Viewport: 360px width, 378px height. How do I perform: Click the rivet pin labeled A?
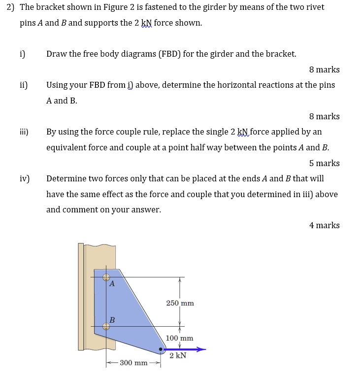(x=106, y=277)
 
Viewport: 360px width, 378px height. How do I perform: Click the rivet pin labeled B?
(x=106, y=326)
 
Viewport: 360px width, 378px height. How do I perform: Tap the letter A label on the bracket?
(x=112, y=284)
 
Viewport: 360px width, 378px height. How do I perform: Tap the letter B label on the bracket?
(x=112, y=320)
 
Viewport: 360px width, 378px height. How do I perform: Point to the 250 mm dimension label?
(x=180, y=303)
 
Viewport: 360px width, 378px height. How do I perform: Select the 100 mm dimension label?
(x=179, y=338)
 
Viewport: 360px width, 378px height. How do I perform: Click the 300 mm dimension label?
(x=133, y=363)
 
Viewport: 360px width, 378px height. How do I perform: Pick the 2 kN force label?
(x=178, y=355)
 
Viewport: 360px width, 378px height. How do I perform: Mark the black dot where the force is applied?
(x=161, y=349)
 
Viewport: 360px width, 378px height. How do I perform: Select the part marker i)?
(x=22, y=54)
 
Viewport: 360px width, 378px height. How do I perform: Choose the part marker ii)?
(x=23, y=85)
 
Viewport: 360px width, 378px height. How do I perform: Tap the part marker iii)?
(x=24, y=132)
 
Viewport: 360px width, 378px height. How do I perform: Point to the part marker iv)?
(x=24, y=178)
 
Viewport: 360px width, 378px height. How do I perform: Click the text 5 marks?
(x=324, y=163)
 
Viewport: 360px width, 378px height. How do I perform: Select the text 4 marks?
(x=324, y=225)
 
